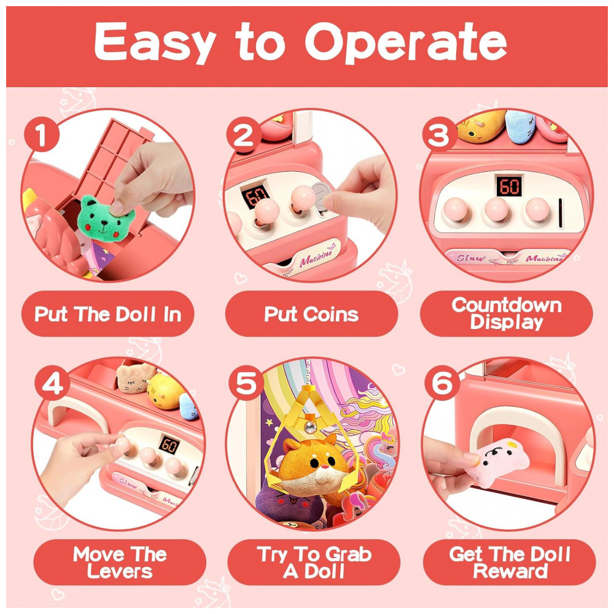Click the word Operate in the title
pos(406,42)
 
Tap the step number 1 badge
pos(42,135)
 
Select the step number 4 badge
pos(52,383)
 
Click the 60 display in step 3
pos(510,186)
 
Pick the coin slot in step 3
pos(561,212)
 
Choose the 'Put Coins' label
pos(311,314)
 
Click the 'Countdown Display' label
pos(507,314)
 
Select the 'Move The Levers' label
pos(120,562)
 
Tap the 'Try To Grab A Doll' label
pos(314,562)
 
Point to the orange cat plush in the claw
pos(313,466)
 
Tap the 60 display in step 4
pos(169,445)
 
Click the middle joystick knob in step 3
pos(497,209)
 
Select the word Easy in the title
pos(155,42)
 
